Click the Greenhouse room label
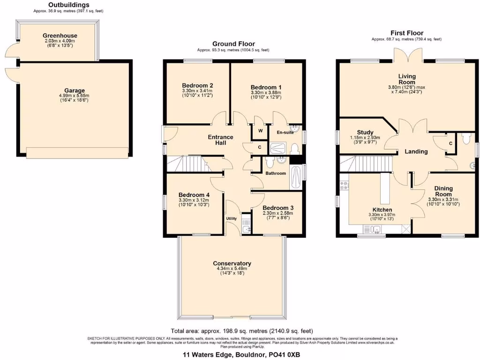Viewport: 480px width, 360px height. pos(60,36)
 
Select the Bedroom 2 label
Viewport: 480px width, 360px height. pos(197,85)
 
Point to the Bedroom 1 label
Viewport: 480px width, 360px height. pos(266,87)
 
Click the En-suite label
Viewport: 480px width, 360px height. pos(285,133)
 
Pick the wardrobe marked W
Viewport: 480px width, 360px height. pos(260,131)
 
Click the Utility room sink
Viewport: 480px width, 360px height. pos(246,225)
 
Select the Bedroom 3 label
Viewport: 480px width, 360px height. pos(278,208)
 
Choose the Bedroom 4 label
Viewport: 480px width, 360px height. pos(194,195)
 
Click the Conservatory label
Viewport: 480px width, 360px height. pos(232,263)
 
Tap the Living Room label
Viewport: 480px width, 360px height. pos(407,79)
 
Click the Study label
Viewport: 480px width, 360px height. pos(365,132)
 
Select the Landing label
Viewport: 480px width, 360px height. pos(416,151)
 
